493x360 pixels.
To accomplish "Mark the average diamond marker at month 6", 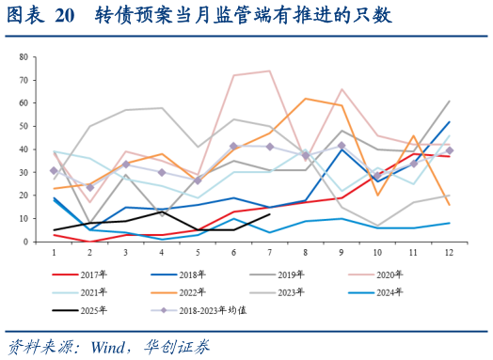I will click(233, 147).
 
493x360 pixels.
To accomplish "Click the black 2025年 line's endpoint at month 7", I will click(270, 214).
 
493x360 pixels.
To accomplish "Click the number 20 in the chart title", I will click(64, 16).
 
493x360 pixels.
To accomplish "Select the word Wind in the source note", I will click(109, 343).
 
